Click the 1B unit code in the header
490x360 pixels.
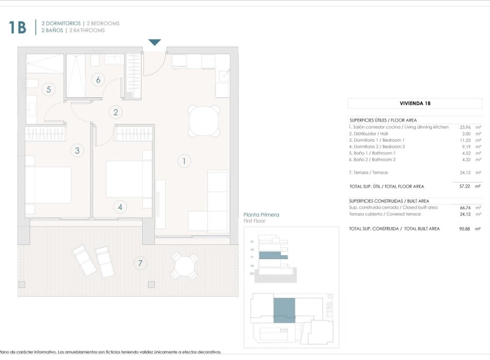[17, 27]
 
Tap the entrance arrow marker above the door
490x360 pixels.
[154, 42]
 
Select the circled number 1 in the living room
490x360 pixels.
[184, 161]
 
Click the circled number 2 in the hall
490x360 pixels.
[116, 113]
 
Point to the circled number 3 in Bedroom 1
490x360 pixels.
[77, 151]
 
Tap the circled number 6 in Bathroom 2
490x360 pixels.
[98, 80]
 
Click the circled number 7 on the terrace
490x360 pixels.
[139, 264]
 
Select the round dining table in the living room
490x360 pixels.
[204, 122]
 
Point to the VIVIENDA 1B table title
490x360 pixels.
[415, 104]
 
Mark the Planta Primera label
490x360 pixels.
[261, 215]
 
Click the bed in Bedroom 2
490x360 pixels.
[128, 180]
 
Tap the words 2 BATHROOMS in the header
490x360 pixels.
[87, 31]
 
